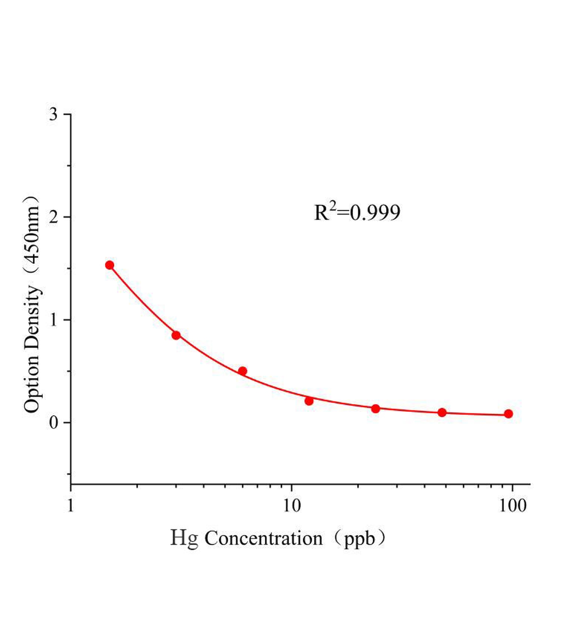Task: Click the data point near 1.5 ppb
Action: click(x=110, y=265)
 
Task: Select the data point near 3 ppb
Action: click(x=176, y=335)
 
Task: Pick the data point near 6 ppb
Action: click(x=243, y=371)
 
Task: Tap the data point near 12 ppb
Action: click(x=309, y=401)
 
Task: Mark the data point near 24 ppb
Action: click(x=376, y=409)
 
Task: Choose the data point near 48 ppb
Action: click(x=442, y=412)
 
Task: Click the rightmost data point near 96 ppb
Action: click(x=508, y=414)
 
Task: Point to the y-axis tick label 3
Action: click(x=53, y=114)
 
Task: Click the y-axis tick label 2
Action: click(x=53, y=217)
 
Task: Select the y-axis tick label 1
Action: click(x=53, y=320)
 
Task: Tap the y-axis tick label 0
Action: click(x=53, y=422)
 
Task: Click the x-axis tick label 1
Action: click(x=71, y=505)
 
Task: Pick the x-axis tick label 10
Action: click(x=292, y=505)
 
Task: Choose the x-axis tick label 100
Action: click(x=512, y=505)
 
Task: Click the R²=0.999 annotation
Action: click(x=357, y=212)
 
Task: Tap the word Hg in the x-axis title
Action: click(x=184, y=539)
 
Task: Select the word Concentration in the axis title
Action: click(x=264, y=539)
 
